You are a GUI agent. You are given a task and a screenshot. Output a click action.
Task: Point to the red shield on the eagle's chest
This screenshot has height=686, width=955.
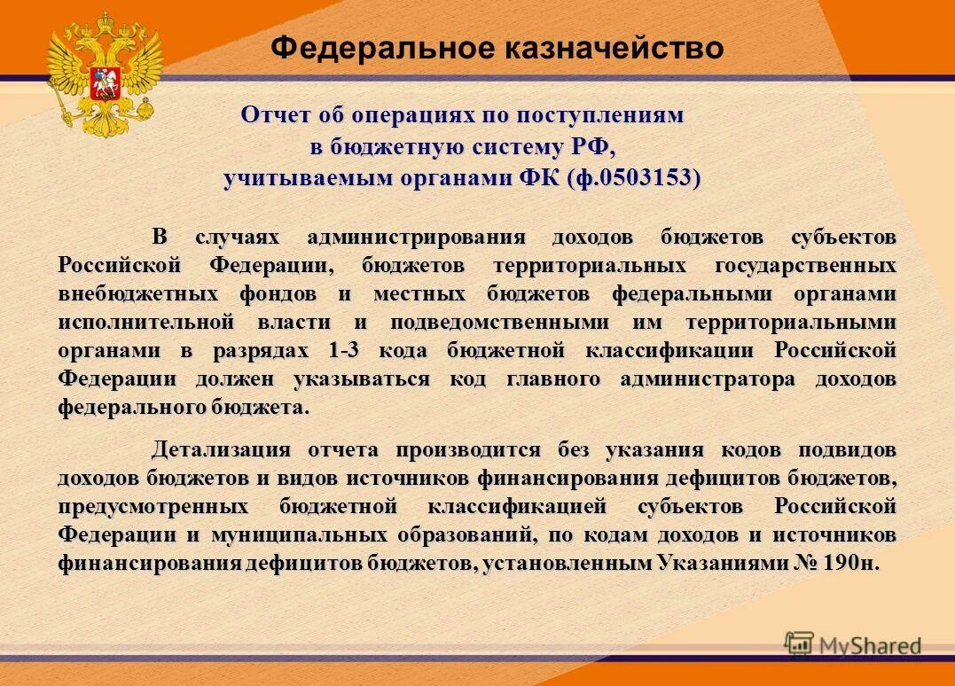tap(106, 79)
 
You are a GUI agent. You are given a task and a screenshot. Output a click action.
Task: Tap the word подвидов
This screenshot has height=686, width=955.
tap(846, 450)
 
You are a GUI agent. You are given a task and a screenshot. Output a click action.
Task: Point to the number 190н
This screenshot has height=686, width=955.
tap(849, 564)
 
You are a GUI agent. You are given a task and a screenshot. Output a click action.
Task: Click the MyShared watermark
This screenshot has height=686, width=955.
tap(853, 645)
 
